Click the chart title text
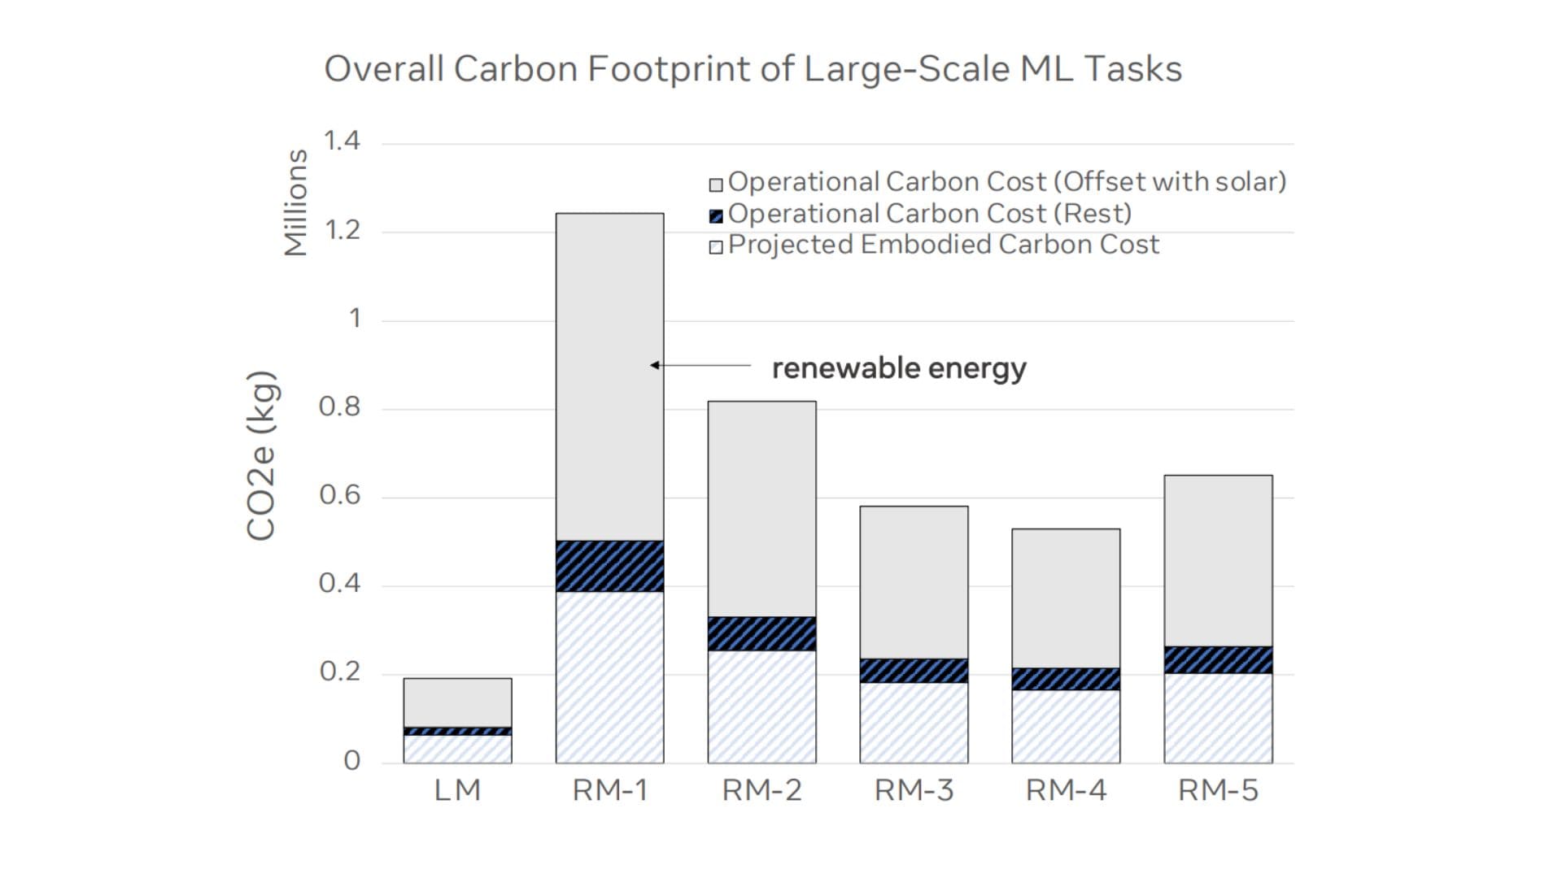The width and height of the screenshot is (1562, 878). click(x=753, y=69)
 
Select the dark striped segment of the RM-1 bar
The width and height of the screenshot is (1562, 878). click(x=609, y=566)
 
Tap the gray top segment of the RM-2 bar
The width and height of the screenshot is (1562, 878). click(x=761, y=509)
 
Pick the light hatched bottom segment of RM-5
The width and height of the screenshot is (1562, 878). click(x=1218, y=718)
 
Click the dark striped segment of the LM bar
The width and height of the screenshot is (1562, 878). click(x=457, y=731)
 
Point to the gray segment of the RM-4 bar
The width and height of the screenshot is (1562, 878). click(x=1066, y=598)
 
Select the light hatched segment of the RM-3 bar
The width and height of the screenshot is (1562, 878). click(x=914, y=722)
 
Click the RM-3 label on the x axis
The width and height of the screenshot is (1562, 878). click(x=914, y=790)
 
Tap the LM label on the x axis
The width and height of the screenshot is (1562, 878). click(x=457, y=790)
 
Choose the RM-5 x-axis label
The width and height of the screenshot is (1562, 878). click(x=1218, y=790)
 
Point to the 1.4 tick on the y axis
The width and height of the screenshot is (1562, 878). click(x=342, y=141)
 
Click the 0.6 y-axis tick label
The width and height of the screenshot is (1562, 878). click(x=339, y=495)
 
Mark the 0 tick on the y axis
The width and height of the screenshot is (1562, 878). click(x=351, y=761)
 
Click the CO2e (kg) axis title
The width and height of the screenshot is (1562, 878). click(x=261, y=455)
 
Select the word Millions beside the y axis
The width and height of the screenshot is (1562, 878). click(x=296, y=202)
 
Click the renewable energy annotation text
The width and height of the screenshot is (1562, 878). click(x=899, y=368)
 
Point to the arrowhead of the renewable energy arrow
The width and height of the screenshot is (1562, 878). click(x=654, y=365)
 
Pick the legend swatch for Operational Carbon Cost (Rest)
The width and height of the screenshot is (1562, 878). click(x=716, y=216)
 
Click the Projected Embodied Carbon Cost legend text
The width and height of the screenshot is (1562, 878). click(x=944, y=245)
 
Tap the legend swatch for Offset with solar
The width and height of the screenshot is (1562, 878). click(x=716, y=185)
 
